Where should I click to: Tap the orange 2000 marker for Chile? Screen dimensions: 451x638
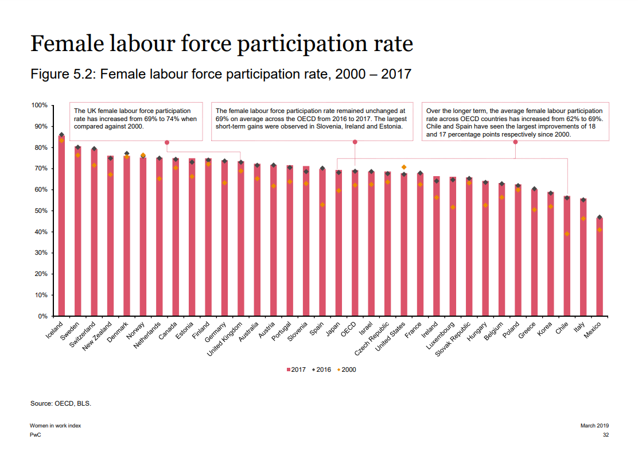coord(567,234)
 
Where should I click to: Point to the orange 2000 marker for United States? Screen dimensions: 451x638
coord(404,167)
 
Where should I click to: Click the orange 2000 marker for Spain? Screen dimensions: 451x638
coord(322,205)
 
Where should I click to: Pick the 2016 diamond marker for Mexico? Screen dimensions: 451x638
coord(600,217)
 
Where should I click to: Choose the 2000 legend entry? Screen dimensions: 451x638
coord(345,370)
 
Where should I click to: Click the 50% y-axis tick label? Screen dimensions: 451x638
coord(40,211)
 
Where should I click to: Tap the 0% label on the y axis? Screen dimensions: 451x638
coord(42,316)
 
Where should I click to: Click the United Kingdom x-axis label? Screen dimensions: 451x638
coord(226,338)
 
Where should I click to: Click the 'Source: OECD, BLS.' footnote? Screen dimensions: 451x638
coord(61,403)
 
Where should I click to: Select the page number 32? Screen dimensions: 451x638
coord(605,435)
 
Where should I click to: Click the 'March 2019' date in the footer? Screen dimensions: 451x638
coord(594,426)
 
